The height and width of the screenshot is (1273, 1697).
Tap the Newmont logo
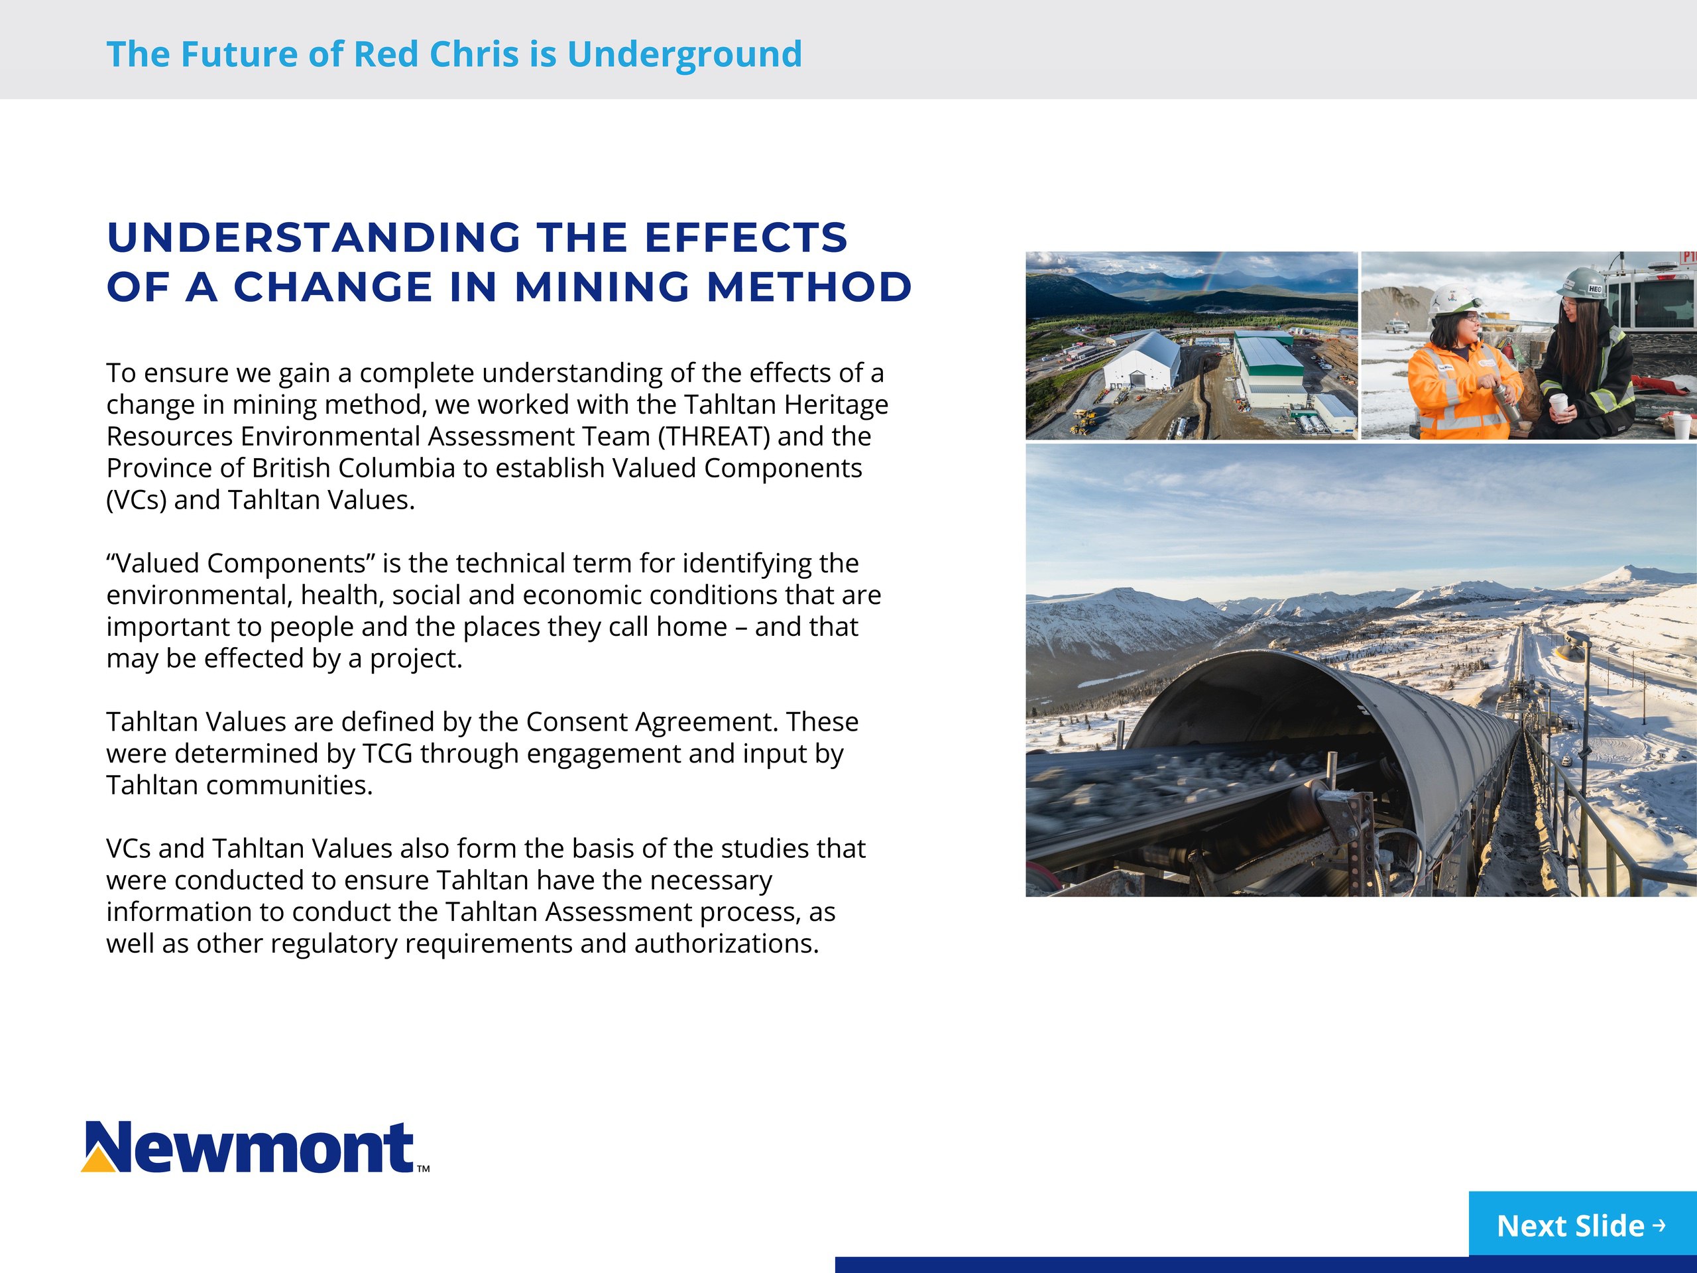point(255,1148)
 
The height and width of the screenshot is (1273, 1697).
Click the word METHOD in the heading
point(809,287)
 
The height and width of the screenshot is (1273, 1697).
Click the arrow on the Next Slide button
point(1659,1225)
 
